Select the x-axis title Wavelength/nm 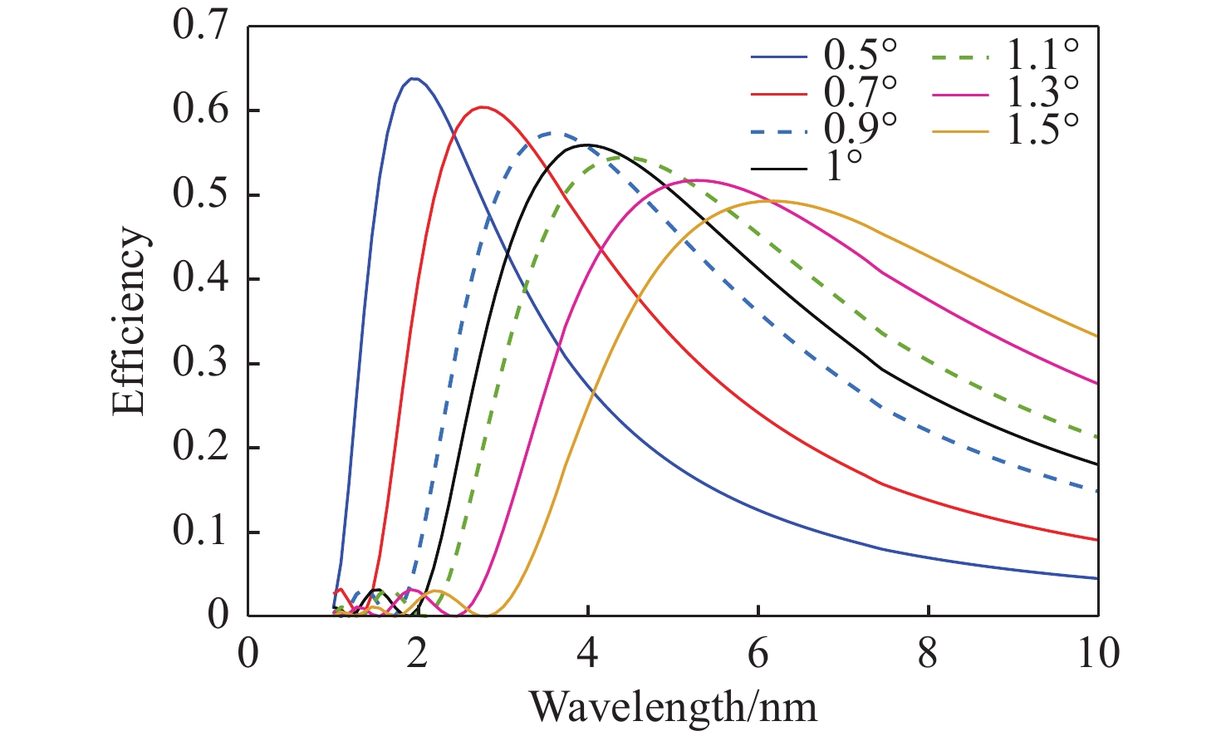pos(673,707)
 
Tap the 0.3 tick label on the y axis pos(199,364)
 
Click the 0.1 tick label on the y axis pos(199,532)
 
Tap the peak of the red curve pos(483,106)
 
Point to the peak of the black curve pos(587,145)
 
